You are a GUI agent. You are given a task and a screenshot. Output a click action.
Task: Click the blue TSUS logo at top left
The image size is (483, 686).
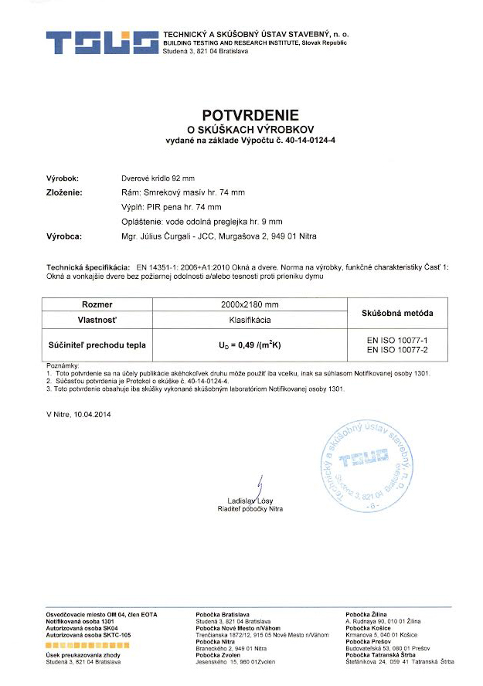click(x=100, y=42)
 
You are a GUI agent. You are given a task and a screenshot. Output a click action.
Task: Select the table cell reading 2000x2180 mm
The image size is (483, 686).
click(x=244, y=305)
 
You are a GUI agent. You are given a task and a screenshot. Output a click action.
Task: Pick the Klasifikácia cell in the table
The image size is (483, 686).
click(x=244, y=318)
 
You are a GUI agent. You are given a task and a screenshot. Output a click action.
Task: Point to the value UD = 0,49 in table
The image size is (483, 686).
click(x=244, y=344)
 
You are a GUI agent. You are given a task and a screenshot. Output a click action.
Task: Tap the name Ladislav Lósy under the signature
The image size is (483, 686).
click(x=250, y=501)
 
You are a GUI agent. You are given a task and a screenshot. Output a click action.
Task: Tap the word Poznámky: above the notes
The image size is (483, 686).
click(x=63, y=364)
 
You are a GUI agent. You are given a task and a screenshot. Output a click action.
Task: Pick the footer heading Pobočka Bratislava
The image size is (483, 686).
click(x=223, y=613)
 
